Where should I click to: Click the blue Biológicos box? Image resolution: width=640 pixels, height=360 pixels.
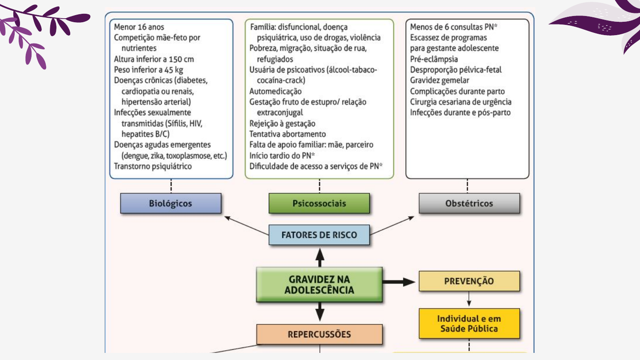coord(171,204)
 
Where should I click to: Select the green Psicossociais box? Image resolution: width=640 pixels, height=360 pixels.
coord(319,204)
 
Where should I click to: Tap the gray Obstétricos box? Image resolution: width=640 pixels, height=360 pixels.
coord(469,204)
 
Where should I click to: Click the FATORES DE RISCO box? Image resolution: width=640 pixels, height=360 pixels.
coord(319,235)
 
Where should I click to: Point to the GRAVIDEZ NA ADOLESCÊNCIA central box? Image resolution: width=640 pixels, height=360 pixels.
coord(319,285)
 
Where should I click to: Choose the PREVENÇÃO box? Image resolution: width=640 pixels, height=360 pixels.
coord(469,281)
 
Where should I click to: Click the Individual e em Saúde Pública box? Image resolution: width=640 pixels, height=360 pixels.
coord(469,324)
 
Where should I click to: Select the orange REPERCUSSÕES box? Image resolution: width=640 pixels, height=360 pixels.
coord(319,334)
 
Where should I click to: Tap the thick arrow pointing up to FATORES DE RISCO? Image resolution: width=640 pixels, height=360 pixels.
coord(320,257)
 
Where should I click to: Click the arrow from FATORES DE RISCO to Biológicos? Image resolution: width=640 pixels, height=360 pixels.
coord(246,225)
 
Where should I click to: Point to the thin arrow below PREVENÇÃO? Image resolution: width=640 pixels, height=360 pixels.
coord(469,299)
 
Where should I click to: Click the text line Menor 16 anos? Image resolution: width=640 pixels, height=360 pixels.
coord(139,27)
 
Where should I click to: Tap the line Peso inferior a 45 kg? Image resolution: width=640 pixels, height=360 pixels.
coord(148,70)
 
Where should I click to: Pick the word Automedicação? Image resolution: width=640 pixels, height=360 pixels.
coord(276,91)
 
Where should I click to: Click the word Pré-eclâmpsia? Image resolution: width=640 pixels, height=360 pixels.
coord(434,59)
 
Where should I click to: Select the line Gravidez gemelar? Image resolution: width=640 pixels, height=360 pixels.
coord(440,80)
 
